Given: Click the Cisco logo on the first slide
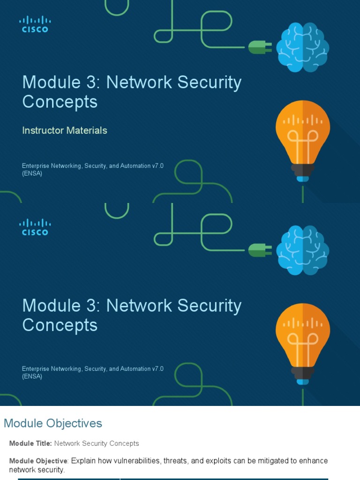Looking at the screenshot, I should pos(35,24).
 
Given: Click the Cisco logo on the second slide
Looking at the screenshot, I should pos(35,227).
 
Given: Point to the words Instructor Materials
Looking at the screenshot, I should pos(65,130).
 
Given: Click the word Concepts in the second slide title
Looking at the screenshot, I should pos(60,325).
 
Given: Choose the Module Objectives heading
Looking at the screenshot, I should pos(53,423).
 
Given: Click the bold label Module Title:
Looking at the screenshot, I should pos(30,443).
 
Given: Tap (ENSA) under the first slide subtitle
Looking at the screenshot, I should pos(32,173).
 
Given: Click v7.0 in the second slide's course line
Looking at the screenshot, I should pos(157,369).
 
